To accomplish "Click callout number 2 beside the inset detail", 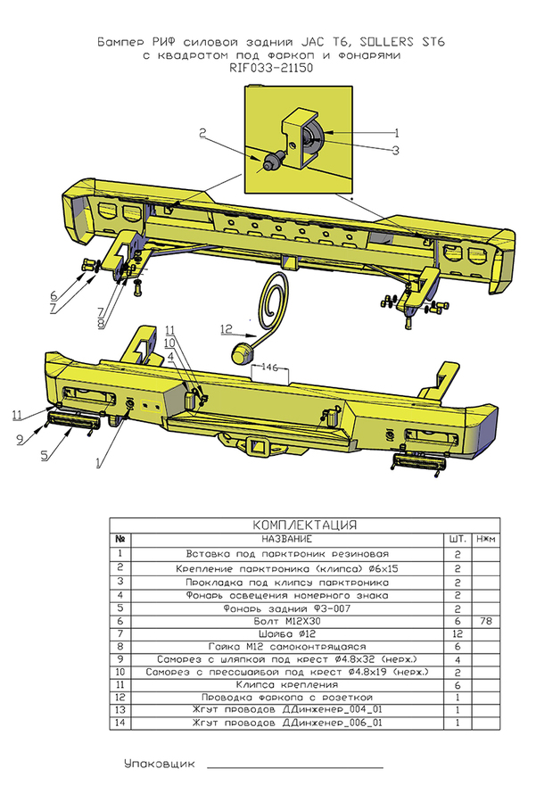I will click(x=202, y=133).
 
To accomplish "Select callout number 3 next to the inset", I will click(x=395, y=150).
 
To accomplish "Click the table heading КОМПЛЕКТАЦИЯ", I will click(x=304, y=525).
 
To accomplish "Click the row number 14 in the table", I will click(x=120, y=723).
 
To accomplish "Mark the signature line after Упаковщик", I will click(x=294, y=766).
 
